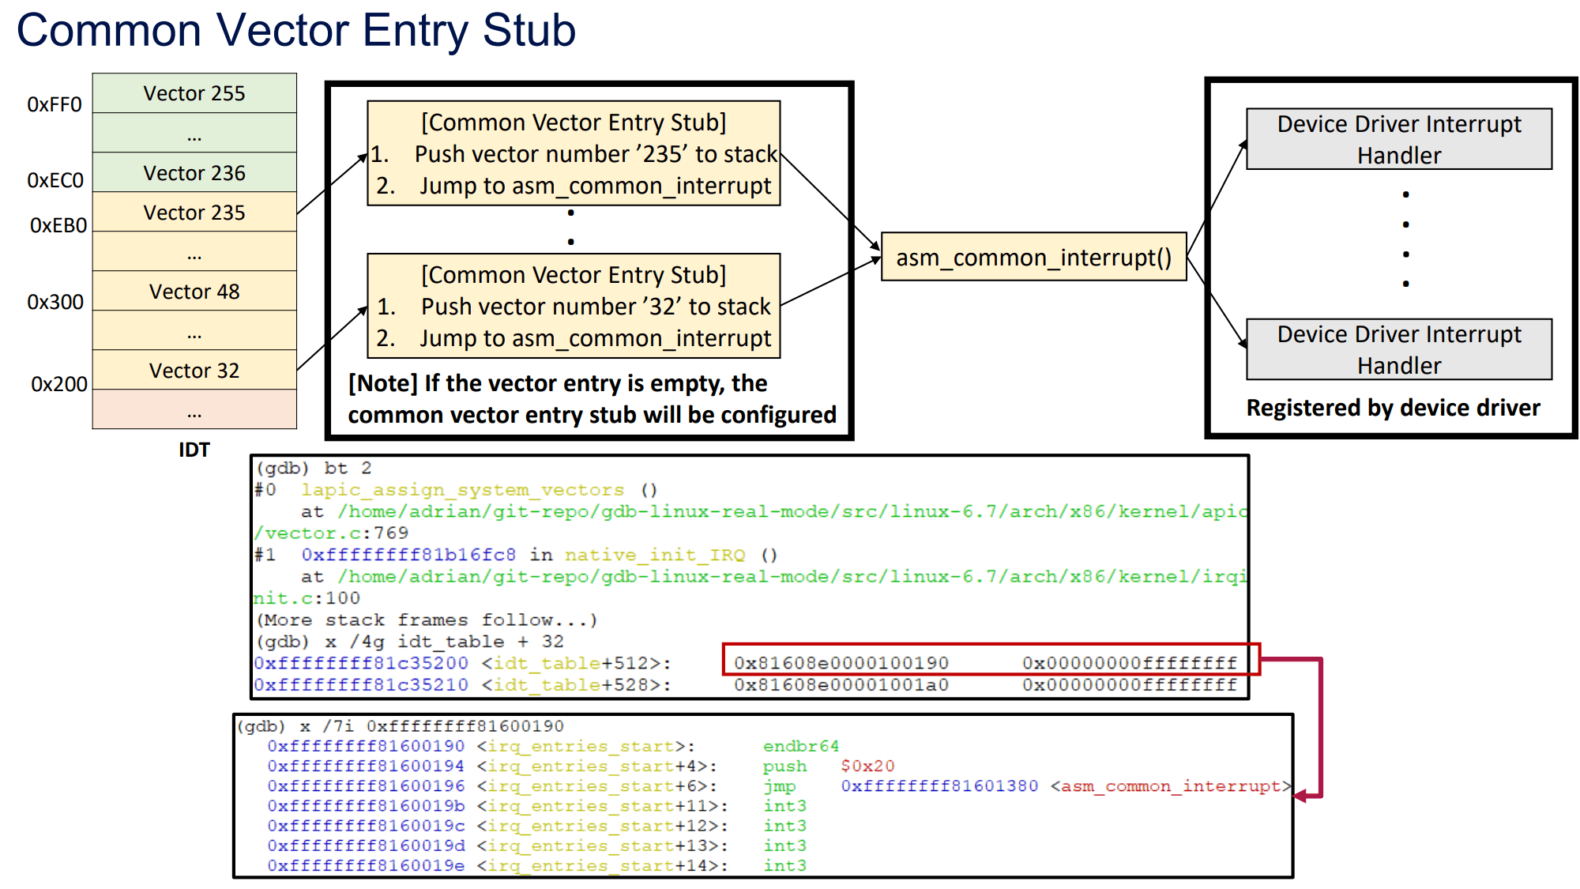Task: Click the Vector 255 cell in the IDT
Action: [x=194, y=93]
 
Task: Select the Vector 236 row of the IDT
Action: [x=194, y=173]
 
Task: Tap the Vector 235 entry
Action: [x=194, y=213]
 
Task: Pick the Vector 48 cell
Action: [x=194, y=292]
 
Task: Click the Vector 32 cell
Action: [x=194, y=371]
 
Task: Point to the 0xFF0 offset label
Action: [x=54, y=104]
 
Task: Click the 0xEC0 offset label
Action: [x=55, y=180]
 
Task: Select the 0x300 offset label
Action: [x=55, y=302]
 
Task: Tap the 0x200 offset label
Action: [x=58, y=384]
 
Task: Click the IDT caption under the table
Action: [x=194, y=450]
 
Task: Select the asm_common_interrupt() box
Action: [x=1033, y=258]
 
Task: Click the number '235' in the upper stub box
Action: [x=663, y=154]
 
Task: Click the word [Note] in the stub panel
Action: [x=383, y=383]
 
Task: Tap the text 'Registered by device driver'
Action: [x=1393, y=408]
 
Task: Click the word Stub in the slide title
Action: [x=529, y=31]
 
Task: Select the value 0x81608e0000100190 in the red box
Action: [x=841, y=663]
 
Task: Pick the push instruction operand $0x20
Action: [x=867, y=766]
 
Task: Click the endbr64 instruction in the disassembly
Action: [x=800, y=746]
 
